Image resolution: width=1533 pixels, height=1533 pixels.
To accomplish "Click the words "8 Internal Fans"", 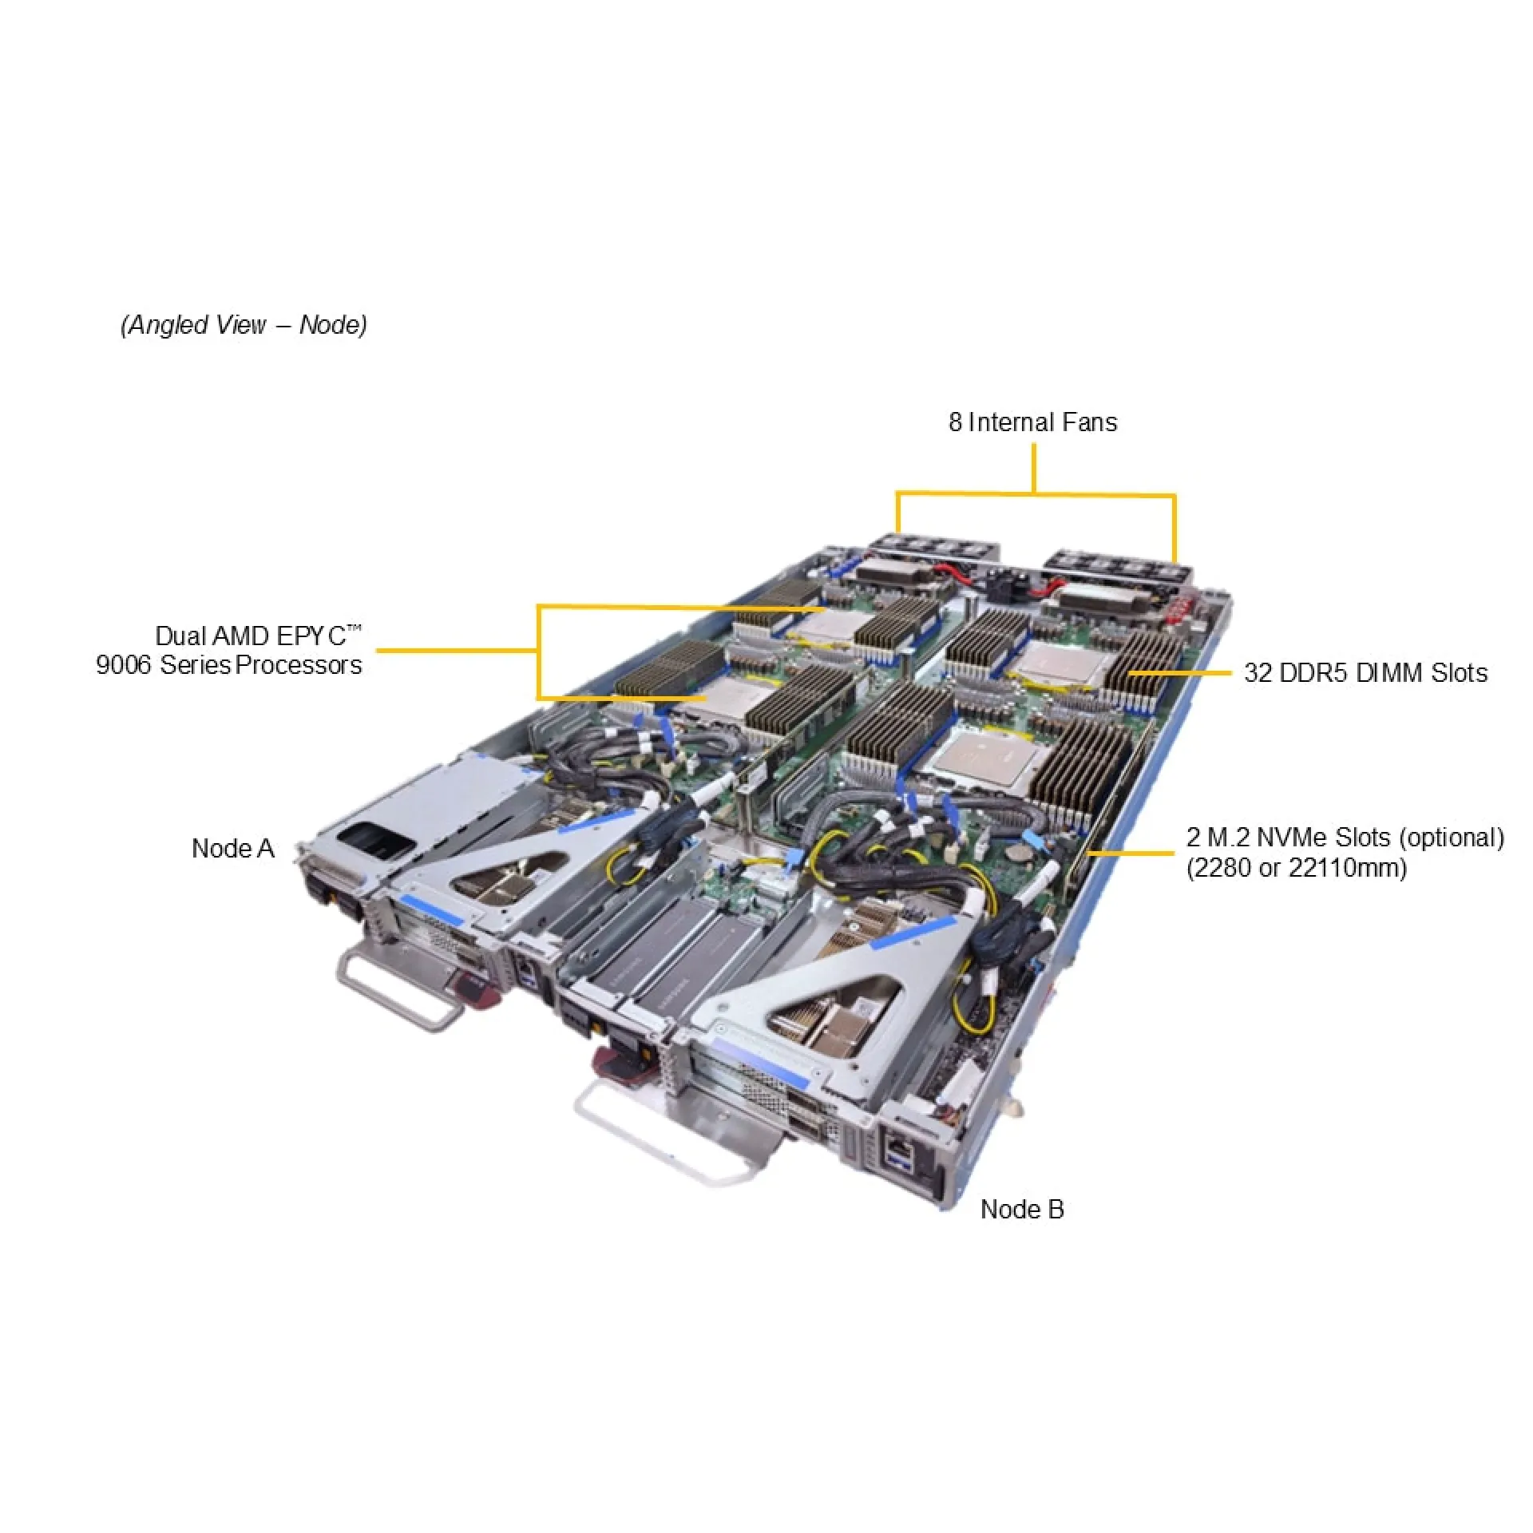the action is [1032, 422].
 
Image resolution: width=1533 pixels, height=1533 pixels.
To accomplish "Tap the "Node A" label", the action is [233, 848].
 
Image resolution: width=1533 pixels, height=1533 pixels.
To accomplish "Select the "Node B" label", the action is [1022, 1209].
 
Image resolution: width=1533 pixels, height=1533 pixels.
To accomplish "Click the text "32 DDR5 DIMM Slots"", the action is [1365, 672].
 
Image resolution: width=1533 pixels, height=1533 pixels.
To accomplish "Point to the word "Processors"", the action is [299, 664].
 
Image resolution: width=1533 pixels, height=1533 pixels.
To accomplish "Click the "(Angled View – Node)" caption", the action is [244, 325].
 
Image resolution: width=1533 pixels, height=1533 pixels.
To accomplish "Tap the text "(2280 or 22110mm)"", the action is [1297, 867].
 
